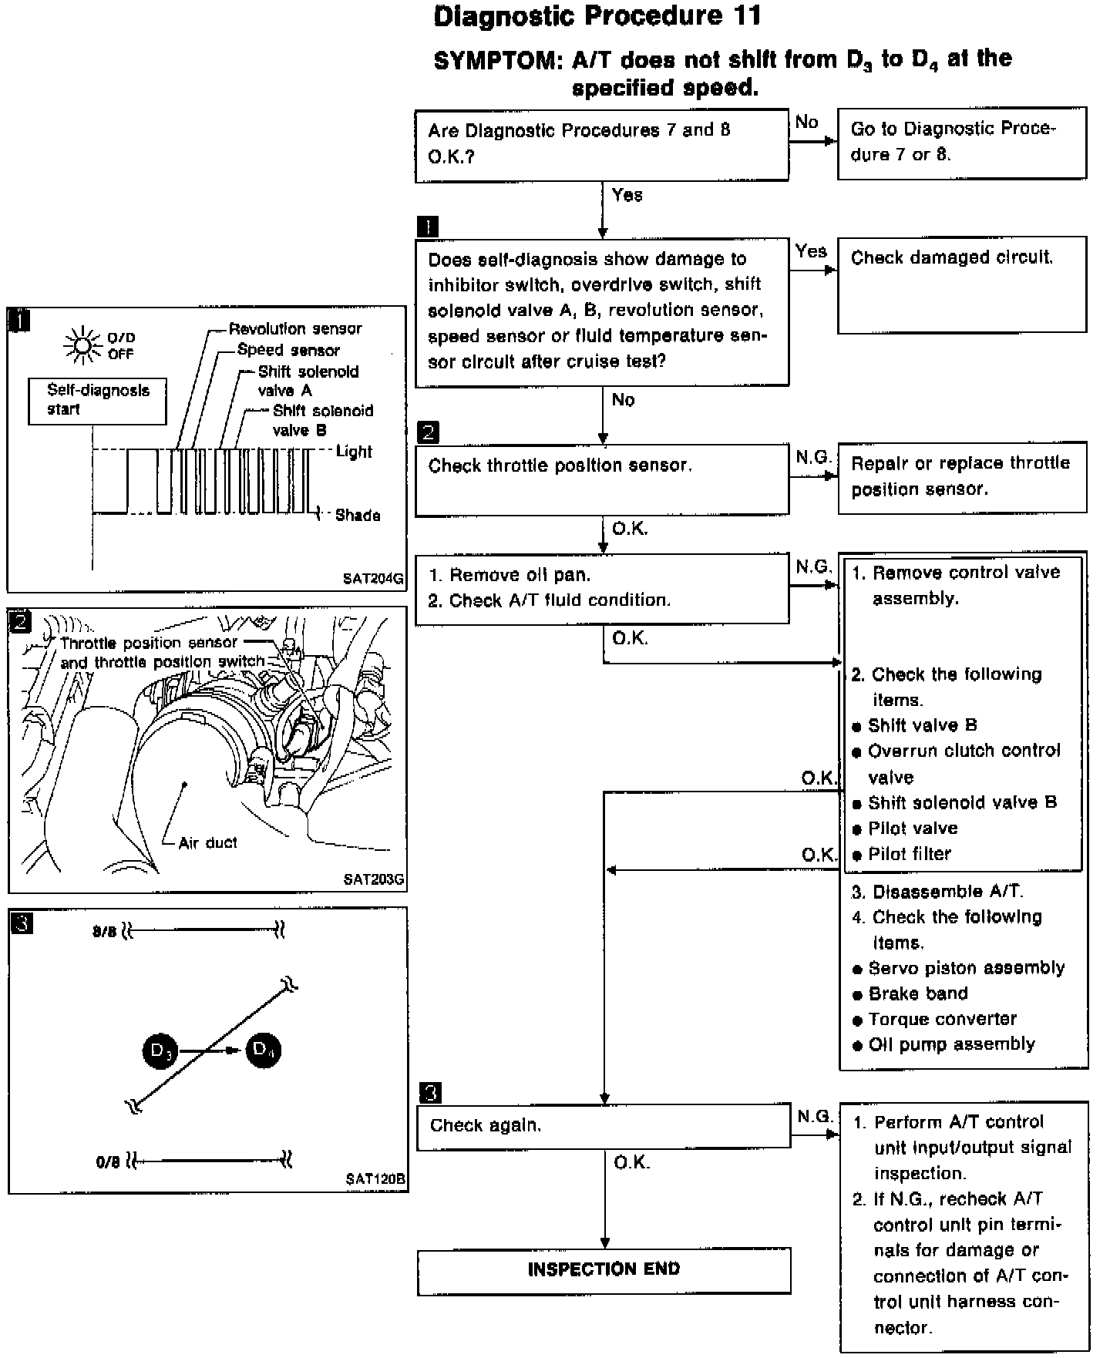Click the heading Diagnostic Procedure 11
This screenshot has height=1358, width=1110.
coord(597,16)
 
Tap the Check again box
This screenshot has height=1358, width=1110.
coord(604,1128)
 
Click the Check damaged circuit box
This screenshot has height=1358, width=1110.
coord(961,284)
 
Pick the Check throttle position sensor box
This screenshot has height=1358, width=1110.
coord(601,479)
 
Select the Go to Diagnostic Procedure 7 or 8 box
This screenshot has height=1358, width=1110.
coord(961,143)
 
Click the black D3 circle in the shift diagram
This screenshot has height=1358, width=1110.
coord(160,1050)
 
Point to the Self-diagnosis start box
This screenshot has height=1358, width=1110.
coord(97,400)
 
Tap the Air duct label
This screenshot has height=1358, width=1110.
coord(207,842)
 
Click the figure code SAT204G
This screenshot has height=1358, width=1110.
coord(373,579)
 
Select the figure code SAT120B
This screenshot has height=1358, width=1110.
coord(375,1178)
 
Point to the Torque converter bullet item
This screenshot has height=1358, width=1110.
coord(942,1019)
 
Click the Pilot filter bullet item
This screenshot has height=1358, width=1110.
coord(909,854)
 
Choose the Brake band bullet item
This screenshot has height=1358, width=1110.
coord(917,993)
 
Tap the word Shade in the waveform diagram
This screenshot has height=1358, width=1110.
coord(358,515)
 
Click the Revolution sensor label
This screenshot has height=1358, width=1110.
coord(295,329)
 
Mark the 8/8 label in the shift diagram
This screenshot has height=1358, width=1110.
coord(104,932)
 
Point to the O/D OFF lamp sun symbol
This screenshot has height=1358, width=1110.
coord(82,345)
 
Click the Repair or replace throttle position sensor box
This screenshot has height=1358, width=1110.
coord(961,476)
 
